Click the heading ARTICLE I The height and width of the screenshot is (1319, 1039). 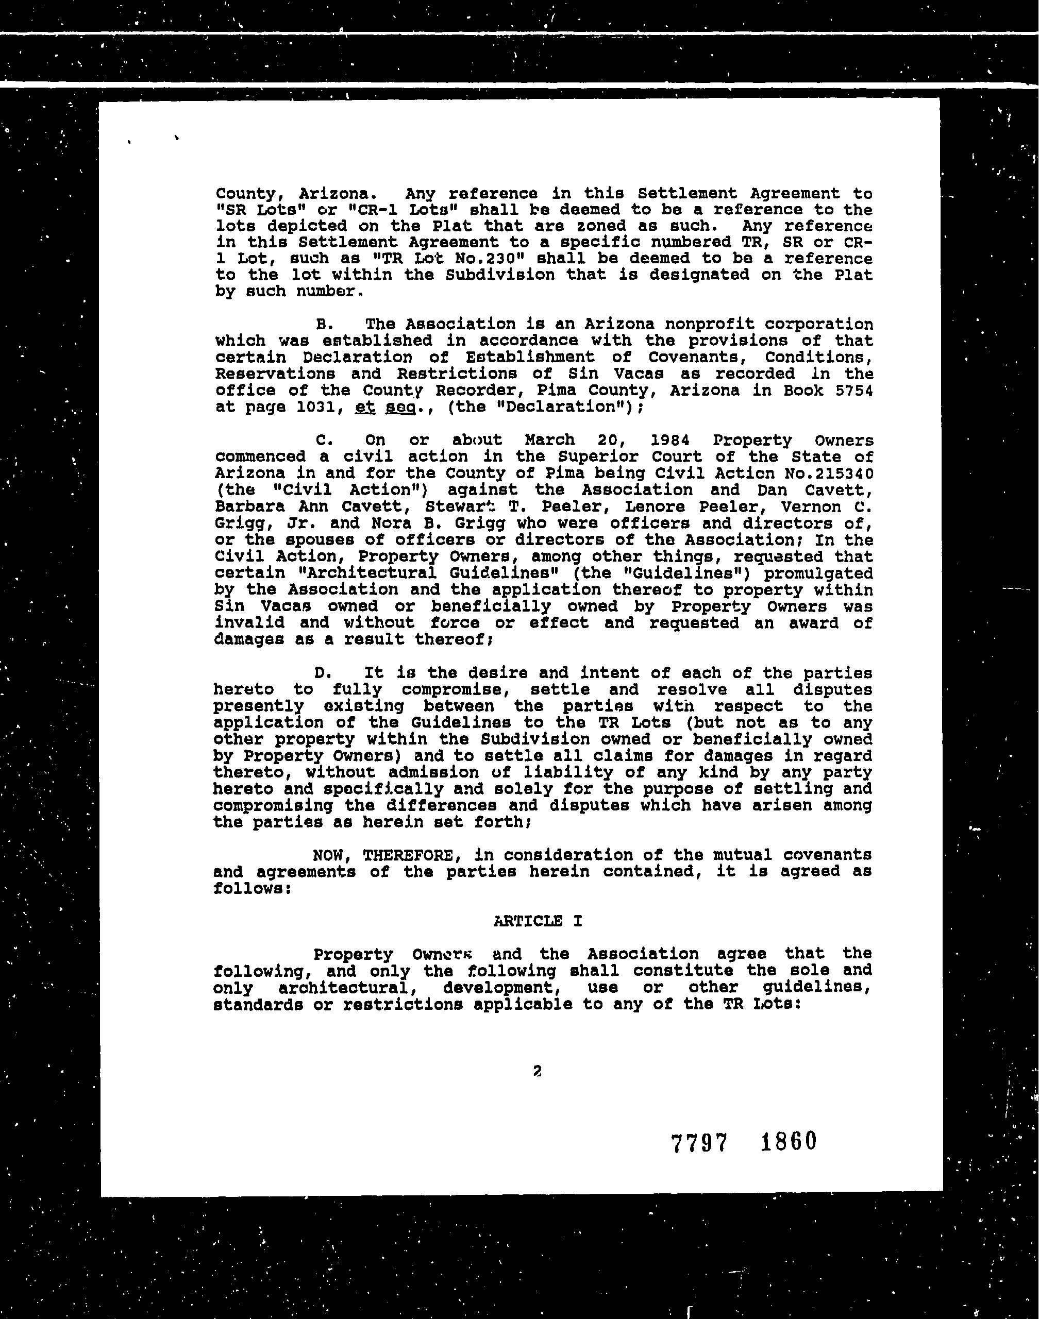tap(537, 921)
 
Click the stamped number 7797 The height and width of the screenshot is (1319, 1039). tap(699, 1143)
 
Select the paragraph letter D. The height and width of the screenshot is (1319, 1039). tap(323, 673)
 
